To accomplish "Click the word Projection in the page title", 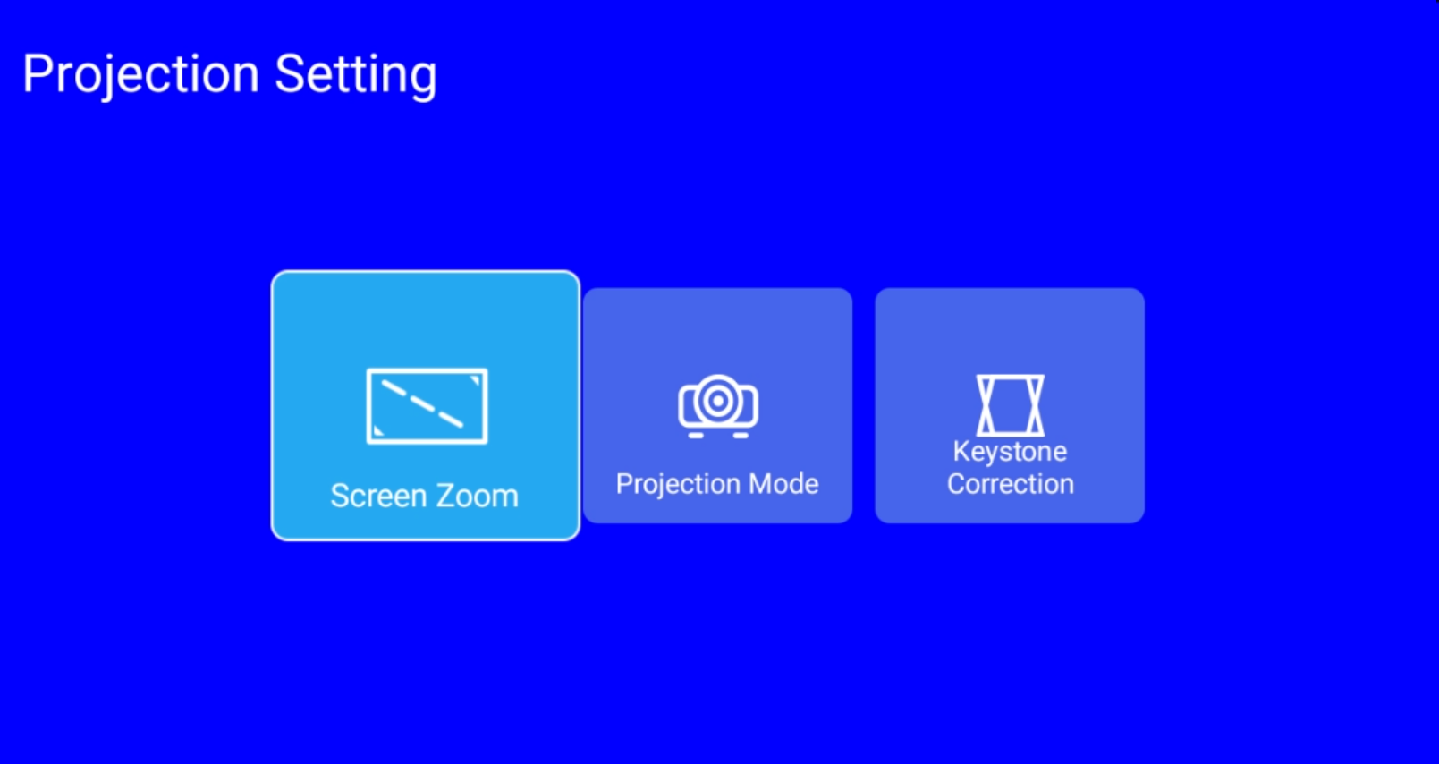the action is [140, 75].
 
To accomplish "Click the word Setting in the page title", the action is [356, 76].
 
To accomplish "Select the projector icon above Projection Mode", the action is [718, 406].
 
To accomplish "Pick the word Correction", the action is [1011, 484].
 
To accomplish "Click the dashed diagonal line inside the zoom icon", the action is [422, 403].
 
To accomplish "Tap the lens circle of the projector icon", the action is [718, 401].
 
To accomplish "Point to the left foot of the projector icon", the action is [696, 436].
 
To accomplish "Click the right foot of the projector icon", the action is [741, 436].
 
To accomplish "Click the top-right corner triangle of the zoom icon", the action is [476, 381].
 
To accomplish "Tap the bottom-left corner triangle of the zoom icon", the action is [378, 431].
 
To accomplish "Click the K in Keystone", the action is [961, 451].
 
